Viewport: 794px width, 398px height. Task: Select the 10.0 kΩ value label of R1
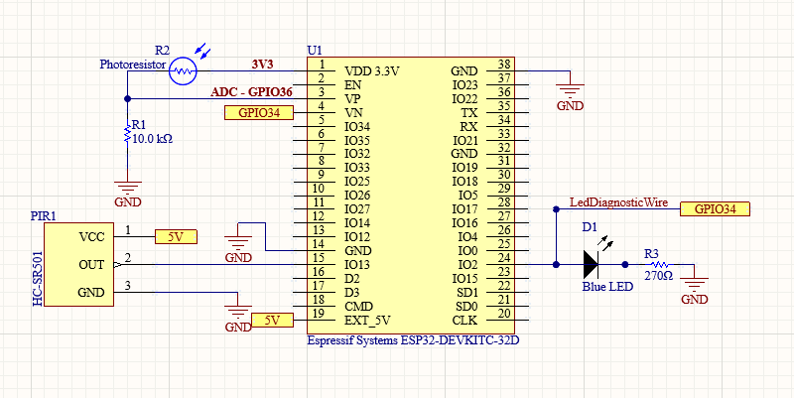[x=152, y=140]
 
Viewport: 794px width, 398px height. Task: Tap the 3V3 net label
[x=262, y=65]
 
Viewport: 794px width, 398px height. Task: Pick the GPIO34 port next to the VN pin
[x=260, y=113]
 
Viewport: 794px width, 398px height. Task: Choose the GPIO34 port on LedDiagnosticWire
[x=715, y=208]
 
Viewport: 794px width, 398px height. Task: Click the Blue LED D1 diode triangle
[x=592, y=265]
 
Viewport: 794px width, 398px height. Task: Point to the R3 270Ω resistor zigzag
[x=657, y=265]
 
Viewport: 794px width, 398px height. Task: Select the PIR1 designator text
[x=43, y=215]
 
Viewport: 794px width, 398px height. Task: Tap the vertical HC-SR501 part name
[x=39, y=265]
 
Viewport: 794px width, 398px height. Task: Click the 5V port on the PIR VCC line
[x=176, y=236]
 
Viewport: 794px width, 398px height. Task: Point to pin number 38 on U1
[x=503, y=65]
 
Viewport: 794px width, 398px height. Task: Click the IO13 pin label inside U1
[x=357, y=264]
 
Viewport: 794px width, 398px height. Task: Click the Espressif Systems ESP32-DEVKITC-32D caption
[x=414, y=339]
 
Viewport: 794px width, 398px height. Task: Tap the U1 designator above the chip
[x=316, y=50]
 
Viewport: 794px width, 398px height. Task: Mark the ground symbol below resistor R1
[x=127, y=186]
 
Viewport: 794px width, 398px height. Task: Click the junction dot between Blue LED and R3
[x=623, y=265]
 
